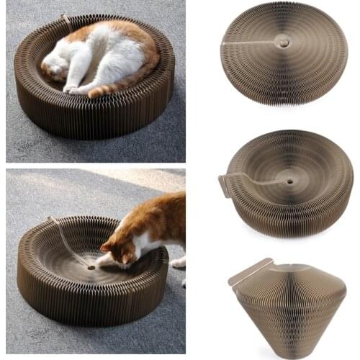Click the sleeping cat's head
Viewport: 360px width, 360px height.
pyautogui.click(x=56, y=68)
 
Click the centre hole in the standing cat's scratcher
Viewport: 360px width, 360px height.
pyautogui.click(x=92, y=266)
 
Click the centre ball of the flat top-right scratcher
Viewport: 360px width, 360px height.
pyautogui.click(x=284, y=43)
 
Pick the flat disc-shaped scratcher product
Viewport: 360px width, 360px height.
pyautogui.click(x=284, y=54)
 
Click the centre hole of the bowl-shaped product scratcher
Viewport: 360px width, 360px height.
pyautogui.click(x=289, y=181)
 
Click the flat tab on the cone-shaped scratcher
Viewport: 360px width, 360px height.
pyautogui.click(x=248, y=272)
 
